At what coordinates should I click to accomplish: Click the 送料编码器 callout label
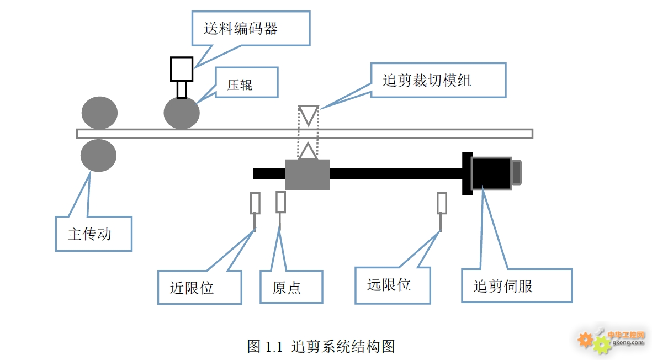pyautogui.click(x=251, y=28)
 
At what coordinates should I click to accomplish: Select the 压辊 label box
pyautogui.click(x=246, y=83)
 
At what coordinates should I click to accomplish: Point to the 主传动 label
pyautogui.click(x=93, y=234)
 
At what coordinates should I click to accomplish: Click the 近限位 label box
pyautogui.click(x=199, y=287)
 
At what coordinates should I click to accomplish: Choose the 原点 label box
pyautogui.click(x=291, y=287)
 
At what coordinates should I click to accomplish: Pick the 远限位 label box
pyautogui.click(x=392, y=285)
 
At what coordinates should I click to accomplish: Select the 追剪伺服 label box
pyautogui.click(x=516, y=285)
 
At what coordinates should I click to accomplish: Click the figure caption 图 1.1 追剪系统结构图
pyautogui.click(x=321, y=346)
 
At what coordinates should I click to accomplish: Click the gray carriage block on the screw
pyautogui.click(x=308, y=174)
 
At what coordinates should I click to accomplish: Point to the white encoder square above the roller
pyautogui.click(x=181, y=69)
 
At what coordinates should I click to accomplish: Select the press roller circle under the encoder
pyautogui.click(x=182, y=113)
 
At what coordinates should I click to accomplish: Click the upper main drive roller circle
pyautogui.click(x=99, y=113)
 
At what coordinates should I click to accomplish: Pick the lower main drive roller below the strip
pyautogui.click(x=99, y=156)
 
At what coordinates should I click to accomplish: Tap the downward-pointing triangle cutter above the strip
pyautogui.click(x=309, y=114)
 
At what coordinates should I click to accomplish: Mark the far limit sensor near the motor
pyautogui.click(x=442, y=203)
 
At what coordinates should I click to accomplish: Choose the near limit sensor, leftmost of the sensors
pyautogui.click(x=255, y=203)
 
